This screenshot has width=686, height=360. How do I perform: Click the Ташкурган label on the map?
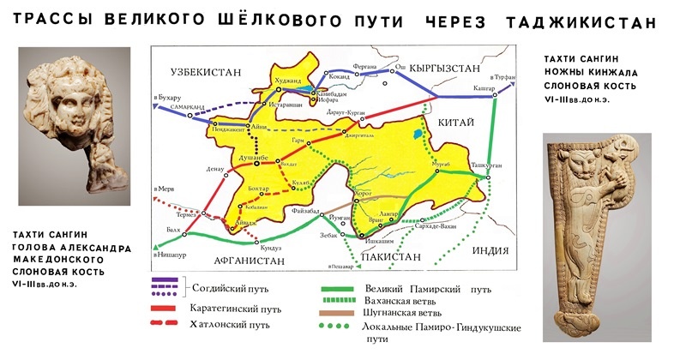point(486,167)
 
